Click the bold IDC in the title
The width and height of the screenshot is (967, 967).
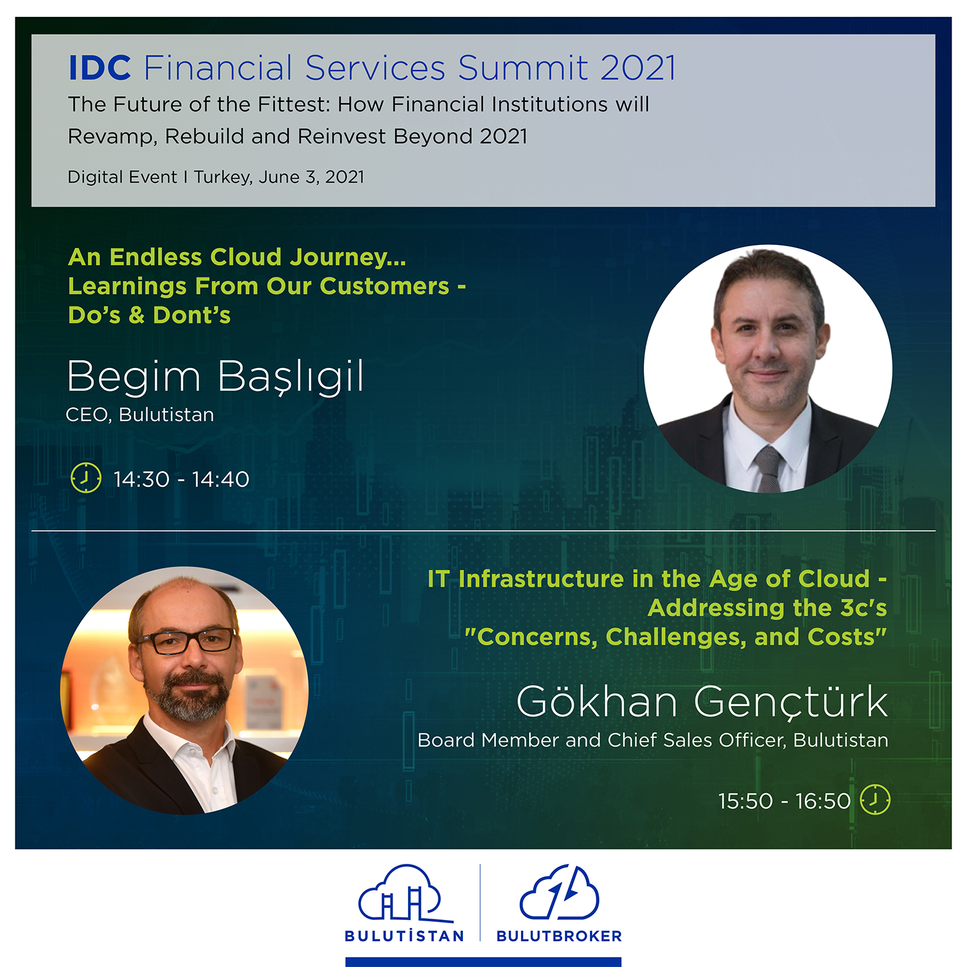(x=100, y=68)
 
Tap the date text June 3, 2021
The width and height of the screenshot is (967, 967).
(x=311, y=177)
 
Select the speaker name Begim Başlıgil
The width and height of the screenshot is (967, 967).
(x=215, y=376)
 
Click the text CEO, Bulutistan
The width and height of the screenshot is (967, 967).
(x=140, y=415)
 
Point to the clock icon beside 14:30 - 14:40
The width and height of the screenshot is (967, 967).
(x=86, y=478)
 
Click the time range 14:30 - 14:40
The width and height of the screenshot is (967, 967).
(x=181, y=480)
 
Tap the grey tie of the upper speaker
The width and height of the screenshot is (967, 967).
(x=768, y=467)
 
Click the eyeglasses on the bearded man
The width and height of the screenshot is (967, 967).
(x=186, y=640)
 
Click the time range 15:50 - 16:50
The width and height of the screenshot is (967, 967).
(x=785, y=801)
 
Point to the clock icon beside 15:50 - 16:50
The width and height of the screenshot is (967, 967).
(x=875, y=799)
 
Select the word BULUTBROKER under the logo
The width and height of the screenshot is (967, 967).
(x=559, y=936)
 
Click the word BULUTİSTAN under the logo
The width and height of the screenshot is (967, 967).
(x=404, y=935)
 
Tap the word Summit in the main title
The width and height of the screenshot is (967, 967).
(x=523, y=68)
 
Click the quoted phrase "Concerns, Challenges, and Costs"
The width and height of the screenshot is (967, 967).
(x=676, y=637)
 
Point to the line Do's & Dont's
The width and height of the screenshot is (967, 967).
(x=150, y=315)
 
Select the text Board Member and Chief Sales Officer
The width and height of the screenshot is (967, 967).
(x=602, y=740)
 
